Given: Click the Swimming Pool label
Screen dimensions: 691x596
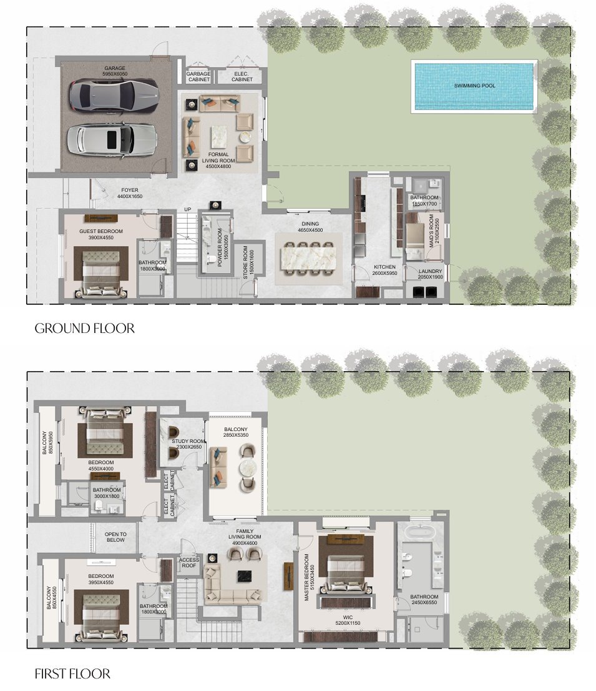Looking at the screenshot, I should (474, 86).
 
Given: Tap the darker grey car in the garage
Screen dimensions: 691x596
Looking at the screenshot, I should (109, 93).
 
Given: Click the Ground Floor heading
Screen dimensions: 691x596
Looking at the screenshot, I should (84, 328).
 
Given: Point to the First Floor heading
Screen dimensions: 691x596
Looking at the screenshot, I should (72, 674).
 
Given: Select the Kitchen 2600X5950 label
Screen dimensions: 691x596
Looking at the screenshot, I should (384, 271).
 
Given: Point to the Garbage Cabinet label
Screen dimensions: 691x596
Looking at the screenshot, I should (198, 76).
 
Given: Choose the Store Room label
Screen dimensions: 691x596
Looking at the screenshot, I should (248, 261).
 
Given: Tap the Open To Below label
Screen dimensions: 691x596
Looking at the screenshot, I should (115, 537).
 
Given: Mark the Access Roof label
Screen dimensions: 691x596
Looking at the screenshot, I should (188, 563).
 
